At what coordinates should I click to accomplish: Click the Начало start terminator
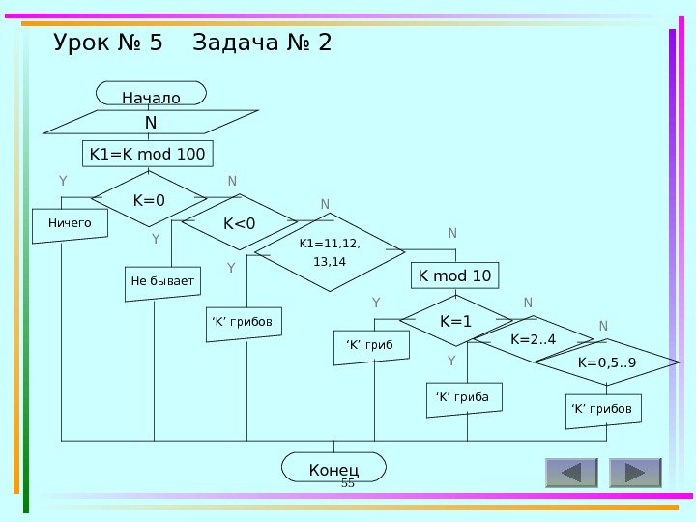(151, 95)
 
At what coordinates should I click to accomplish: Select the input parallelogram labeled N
(151, 123)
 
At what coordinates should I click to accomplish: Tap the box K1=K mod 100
(147, 155)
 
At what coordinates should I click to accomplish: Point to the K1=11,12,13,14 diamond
(323, 252)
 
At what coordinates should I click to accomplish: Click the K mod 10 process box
(454, 275)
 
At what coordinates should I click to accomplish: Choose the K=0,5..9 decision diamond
(607, 362)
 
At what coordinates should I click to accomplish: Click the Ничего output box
(71, 223)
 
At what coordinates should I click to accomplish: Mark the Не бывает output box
(162, 281)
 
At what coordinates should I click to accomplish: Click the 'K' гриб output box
(370, 346)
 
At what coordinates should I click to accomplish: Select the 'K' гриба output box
(463, 397)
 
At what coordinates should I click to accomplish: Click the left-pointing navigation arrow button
(571, 473)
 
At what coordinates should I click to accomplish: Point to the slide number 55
(349, 482)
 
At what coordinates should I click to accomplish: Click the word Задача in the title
(240, 43)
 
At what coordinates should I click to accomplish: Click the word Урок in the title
(84, 43)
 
